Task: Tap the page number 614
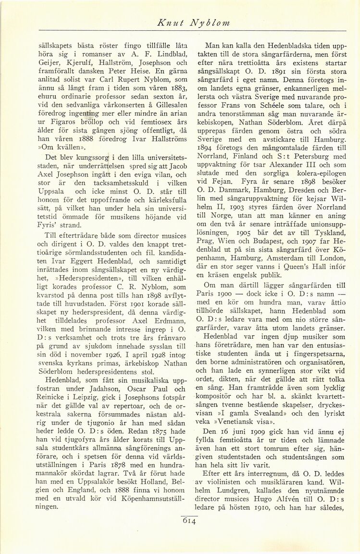[x=190, y=521]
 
